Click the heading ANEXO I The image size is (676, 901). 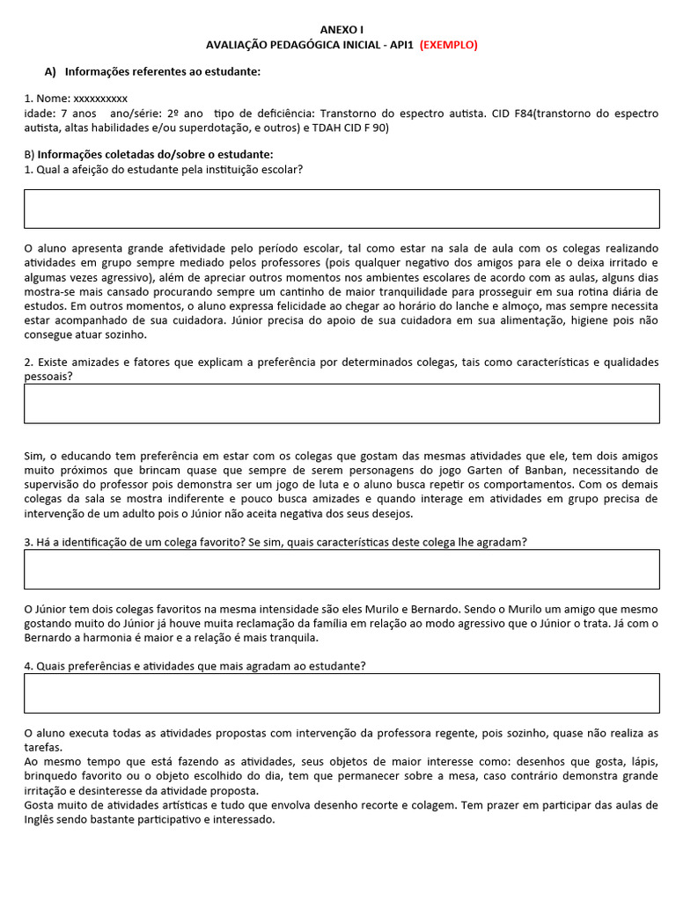(341, 30)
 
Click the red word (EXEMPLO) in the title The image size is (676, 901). (448, 45)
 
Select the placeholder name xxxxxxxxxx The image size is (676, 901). (99, 99)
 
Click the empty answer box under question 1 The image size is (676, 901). (342, 209)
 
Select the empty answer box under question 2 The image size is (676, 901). (342, 403)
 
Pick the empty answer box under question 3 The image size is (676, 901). (342, 569)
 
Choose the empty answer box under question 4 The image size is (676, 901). (342, 692)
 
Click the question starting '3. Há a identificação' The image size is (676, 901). (276, 542)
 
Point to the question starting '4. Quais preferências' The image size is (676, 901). (195, 665)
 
